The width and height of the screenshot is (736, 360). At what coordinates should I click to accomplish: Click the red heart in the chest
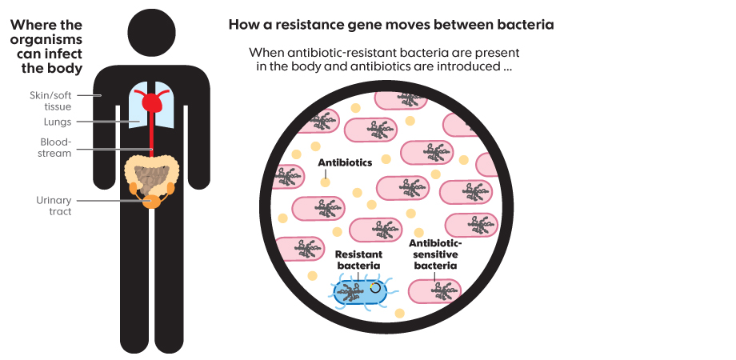point(153,102)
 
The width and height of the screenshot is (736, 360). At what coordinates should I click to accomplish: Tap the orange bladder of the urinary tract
point(152,200)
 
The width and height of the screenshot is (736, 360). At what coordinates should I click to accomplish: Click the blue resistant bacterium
point(360,293)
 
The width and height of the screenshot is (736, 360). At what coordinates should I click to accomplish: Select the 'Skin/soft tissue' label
point(50,100)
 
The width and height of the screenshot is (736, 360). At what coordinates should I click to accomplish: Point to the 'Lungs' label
point(58,122)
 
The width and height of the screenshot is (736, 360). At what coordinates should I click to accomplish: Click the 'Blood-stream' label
point(56,147)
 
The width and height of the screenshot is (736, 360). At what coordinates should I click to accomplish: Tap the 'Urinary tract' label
point(54,206)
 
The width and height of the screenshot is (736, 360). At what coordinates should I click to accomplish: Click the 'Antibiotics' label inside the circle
point(345,162)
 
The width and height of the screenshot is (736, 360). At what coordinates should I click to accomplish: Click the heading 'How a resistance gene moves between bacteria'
point(391,25)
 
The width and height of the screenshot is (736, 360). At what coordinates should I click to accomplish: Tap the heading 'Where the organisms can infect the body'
point(46,46)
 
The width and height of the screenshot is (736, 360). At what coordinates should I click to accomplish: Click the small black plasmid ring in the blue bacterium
point(374,287)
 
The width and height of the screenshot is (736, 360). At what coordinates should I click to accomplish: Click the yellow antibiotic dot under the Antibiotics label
point(325,182)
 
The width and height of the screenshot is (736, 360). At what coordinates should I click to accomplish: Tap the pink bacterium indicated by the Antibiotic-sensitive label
point(435,292)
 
